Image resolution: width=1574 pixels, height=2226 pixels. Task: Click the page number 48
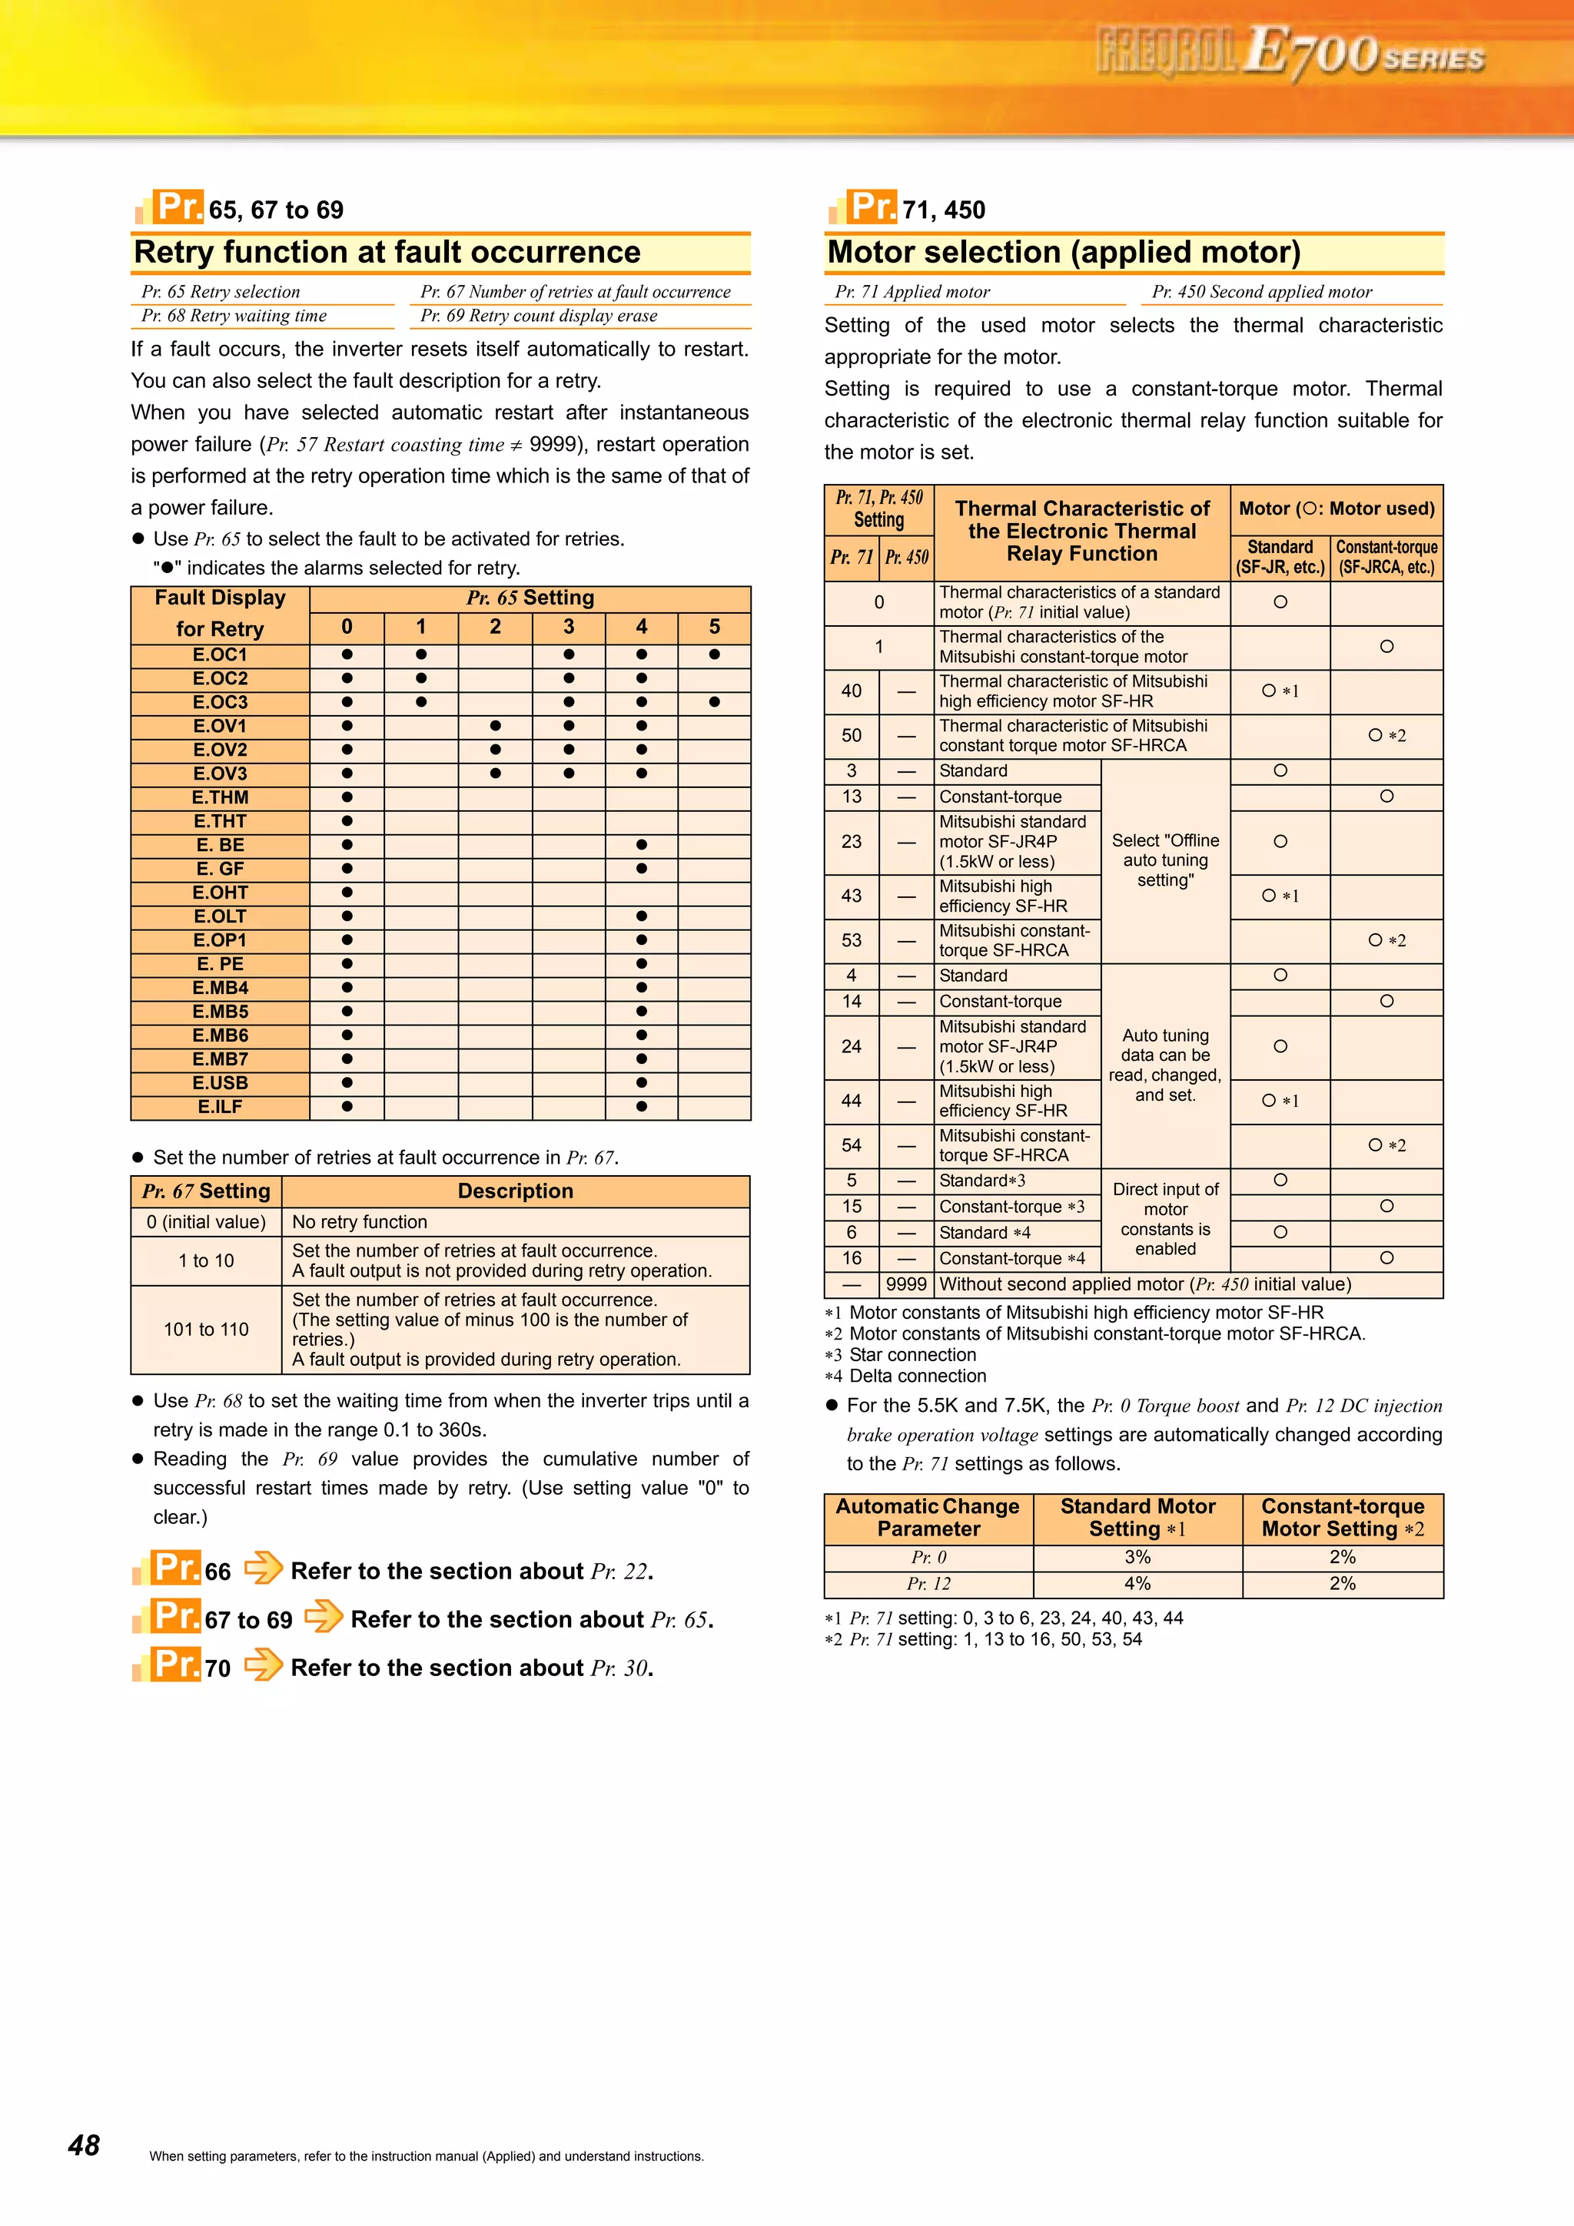(x=84, y=2145)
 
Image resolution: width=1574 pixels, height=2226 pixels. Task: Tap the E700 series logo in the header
(x=1290, y=52)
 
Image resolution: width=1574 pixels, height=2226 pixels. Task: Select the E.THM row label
(x=220, y=798)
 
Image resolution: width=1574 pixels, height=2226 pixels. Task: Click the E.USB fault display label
(x=220, y=1083)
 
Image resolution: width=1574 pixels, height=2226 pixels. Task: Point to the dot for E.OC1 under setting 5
(x=714, y=654)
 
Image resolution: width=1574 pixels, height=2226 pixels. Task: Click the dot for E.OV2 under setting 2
(x=495, y=750)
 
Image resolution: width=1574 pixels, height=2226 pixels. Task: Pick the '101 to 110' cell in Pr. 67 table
(x=206, y=1329)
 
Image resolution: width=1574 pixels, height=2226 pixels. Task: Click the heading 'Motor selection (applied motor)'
(x=1063, y=252)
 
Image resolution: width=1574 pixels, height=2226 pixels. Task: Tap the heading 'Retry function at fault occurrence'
(x=387, y=252)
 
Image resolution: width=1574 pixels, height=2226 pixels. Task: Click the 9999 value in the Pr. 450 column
(x=906, y=1284)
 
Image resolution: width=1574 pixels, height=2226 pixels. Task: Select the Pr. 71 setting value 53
(x=852, y=940)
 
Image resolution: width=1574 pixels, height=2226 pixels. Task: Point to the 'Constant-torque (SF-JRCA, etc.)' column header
(x=1386, y=558)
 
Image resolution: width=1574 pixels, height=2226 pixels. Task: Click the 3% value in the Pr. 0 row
(x=1137, y=1557)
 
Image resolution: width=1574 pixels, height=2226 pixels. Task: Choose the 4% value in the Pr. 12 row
(x=1137, y=1583)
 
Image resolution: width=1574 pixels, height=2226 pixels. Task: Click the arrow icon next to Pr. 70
(x=263, y=1665)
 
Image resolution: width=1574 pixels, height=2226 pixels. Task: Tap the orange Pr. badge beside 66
(x=175, y=1567)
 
